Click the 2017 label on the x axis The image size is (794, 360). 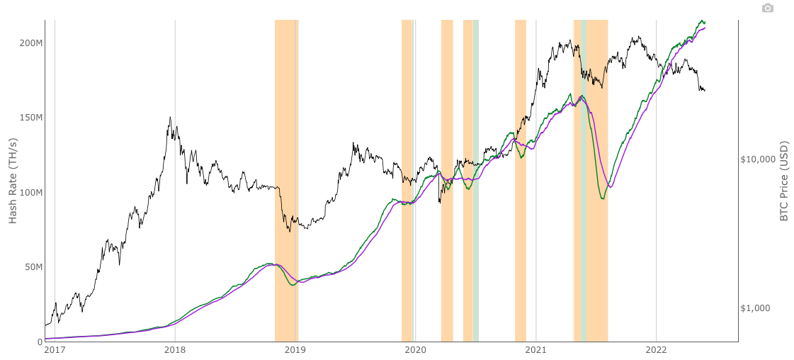click(55, 349)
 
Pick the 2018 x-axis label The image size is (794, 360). click(175, 349)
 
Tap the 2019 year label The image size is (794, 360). click(295, 349)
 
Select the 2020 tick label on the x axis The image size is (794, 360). click(416, 349)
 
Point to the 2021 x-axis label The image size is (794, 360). click(536, 349)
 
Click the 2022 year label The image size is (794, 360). click(657, 349)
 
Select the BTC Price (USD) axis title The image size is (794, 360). click(784, 180)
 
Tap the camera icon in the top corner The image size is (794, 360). click(768, 8)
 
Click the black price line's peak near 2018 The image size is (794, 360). click(170, 118)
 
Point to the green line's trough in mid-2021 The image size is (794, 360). click(602, 198)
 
